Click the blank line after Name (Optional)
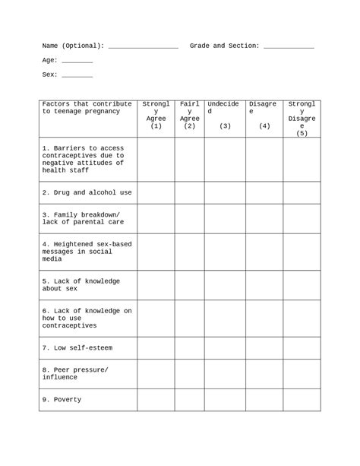coord(144,47)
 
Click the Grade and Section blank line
coord(288,47)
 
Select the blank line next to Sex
coord(77,76)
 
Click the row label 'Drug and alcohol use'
coord(87,193)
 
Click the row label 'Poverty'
coord(62,400)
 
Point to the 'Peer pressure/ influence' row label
coord(75,373)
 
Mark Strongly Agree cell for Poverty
coord(156,400)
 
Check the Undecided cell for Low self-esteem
coord(225,348)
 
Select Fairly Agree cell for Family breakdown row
coord(190,219)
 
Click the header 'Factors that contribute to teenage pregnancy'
coord(87,108)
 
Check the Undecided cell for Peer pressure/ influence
coord(225,373)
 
